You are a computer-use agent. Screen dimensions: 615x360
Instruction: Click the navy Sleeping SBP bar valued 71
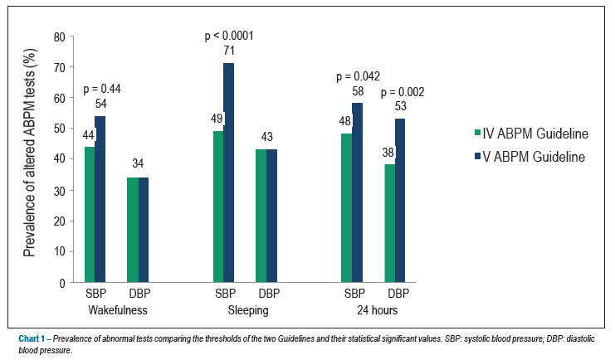coord(229,173)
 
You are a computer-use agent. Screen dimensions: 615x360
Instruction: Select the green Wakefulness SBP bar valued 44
coord(90,215)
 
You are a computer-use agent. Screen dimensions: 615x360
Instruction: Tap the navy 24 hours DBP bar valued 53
coord(400,201)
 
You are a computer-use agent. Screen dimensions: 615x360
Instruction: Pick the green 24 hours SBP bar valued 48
coord(347,208)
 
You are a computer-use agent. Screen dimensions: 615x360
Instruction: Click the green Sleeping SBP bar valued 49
coord(218,207)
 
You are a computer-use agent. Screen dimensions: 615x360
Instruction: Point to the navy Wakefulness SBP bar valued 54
coord(100,199)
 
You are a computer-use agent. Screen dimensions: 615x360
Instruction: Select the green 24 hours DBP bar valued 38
coord(390,223)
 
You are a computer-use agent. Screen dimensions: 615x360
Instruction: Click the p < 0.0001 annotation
coord(229,36)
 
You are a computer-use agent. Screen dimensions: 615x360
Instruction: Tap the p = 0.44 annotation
coord(102,89)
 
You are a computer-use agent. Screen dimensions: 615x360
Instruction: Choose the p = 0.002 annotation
coord(403,92)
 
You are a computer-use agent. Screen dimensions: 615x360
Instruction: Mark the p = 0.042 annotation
coord(358,76)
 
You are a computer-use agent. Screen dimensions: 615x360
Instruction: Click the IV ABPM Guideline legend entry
coord(531,134)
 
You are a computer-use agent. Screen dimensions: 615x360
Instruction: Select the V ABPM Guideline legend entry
coord(530,157)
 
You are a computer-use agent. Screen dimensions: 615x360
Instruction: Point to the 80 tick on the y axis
coord(60,37)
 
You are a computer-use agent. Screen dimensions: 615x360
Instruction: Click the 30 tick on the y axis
coord(60,191)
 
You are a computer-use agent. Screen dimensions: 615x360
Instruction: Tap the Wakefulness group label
coord(118,310)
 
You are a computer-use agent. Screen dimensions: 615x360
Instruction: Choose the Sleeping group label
coord(248,310)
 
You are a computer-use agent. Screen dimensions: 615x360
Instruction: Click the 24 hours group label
coord(378,310)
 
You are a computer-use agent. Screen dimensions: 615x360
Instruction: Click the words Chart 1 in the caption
coord(32,338)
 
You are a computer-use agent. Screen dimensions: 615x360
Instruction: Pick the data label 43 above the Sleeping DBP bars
coord(266,137)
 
